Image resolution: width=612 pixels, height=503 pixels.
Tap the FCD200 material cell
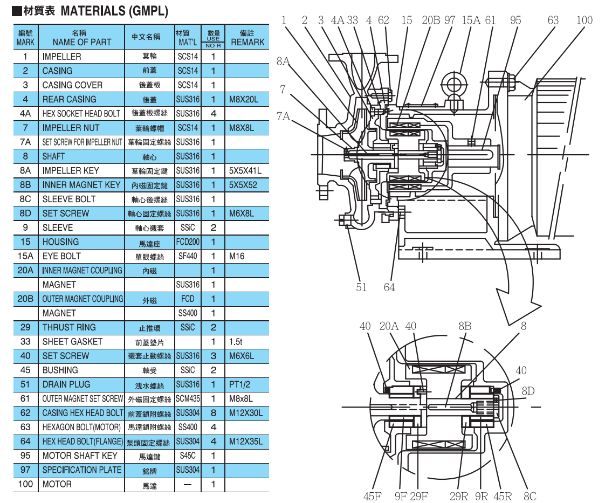tap(188, 242)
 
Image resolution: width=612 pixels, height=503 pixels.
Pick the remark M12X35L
tap(246, 442)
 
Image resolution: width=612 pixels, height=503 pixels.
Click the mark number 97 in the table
tap(25, 470)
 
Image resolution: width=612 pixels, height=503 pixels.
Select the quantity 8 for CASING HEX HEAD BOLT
tap(214, 413)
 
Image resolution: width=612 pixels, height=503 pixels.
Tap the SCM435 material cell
tap(188, 399)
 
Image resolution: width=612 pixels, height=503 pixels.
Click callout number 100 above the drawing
tap(584, 20)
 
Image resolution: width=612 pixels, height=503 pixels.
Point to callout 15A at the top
tap(470, 20)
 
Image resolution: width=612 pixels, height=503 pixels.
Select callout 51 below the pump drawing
tap(361, 287)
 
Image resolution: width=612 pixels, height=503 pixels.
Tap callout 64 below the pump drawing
tap(389, 287)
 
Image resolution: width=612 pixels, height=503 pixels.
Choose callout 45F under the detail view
tap(372, 496)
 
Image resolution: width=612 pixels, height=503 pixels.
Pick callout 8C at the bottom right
tap(530, 496)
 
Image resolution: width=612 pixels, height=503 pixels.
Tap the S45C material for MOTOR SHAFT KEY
tap(188, 456)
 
